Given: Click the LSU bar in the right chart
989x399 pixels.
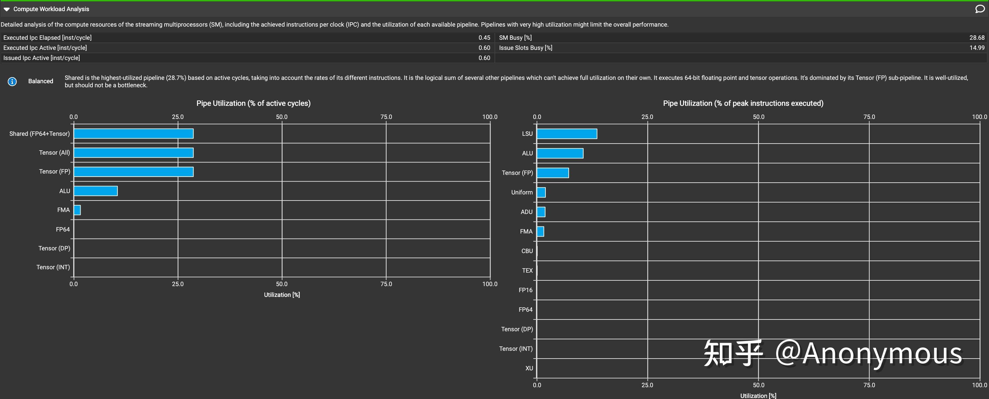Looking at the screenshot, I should click(x=567, y=134).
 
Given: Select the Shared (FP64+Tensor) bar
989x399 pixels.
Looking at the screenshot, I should click(x=133, y=133).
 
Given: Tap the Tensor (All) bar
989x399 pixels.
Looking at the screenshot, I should click(x=133, y=153).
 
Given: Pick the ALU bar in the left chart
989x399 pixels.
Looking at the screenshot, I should click(x=95, y=191).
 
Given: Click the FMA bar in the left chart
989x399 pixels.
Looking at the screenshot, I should click(x=77, y=210).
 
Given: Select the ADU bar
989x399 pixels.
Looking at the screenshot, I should click(x=541, y=212).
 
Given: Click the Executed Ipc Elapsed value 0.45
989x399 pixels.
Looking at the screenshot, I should click(x=484, y=38).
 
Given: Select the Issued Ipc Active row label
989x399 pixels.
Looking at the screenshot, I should click(x=41, y=58).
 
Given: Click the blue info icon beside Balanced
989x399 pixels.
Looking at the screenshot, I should click(x=12, y=81).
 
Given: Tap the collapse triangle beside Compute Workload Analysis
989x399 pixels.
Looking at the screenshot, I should click(x=6, y=9).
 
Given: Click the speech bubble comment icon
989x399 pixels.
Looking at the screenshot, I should click(x=980, y=9).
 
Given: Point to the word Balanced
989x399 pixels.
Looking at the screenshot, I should click(x=41, y=81).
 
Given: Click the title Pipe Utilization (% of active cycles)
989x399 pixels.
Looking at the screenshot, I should click(x=253, y=103).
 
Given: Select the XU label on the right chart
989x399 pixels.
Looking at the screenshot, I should click(x=529, y=368).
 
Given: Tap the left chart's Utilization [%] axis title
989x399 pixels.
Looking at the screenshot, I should click(x=282, y=295).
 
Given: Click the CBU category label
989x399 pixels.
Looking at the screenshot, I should click(x=527, y=251).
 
